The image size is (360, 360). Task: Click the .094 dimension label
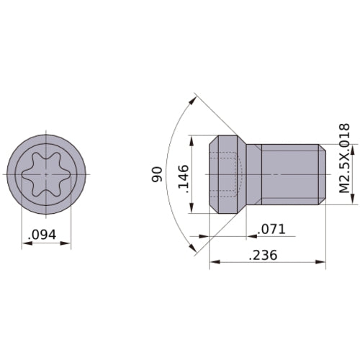(x=42, y=235)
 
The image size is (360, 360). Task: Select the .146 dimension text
(x=184, y=179)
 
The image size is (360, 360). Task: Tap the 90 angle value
(x=157, y=174)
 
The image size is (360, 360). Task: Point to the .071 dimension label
(x=271, y=229)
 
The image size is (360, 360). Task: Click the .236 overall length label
(x=263, y=255)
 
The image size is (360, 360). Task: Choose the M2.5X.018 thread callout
(x=344, y=158)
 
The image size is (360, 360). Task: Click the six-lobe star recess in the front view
(x=46, y=174)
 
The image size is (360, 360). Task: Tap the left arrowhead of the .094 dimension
(x=27, y=243)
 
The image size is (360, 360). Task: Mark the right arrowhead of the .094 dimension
(x=66, y=243)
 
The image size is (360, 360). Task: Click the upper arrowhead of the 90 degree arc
(x=193, y=100)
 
